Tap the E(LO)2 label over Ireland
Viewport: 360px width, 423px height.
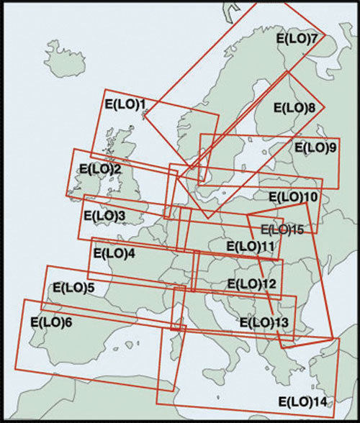click(x=100, y=170)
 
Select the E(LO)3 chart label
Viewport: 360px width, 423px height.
click(x=104, y=215)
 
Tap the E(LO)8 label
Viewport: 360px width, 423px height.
click(x=295, y=108)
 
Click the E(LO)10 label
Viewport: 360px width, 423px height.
click(x=293, y=196)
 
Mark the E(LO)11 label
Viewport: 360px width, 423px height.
click(x=251, y=246)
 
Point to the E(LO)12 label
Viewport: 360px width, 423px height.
click(x=251, y=283)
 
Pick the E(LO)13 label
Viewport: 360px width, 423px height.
click(x=264, y=322)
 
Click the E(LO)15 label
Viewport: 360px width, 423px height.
click(x=282, y=229)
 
